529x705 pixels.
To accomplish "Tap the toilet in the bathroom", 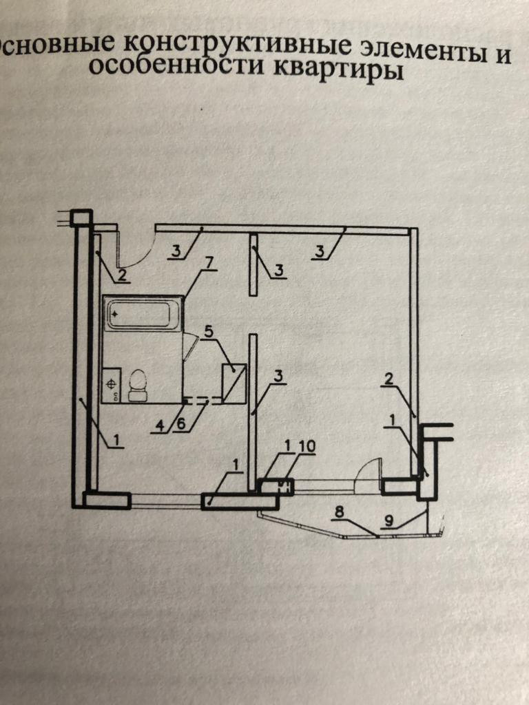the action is click(x=138, y=385).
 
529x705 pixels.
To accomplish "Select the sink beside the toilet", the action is click(x=112, y=385).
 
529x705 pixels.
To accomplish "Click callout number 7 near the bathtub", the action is click(x=209, y=262).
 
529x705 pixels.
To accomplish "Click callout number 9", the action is click(x=389, y=521).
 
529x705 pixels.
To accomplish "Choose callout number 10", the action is click(x=307, y=446).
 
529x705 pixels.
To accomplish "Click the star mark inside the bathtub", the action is click(x=115, y=313).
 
